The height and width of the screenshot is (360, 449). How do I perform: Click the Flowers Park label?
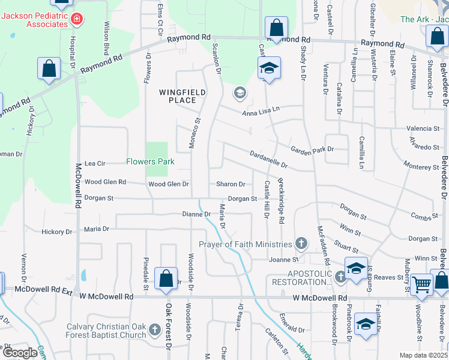click(x=150, y=161)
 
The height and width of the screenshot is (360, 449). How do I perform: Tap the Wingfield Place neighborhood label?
click(x=182, y=96)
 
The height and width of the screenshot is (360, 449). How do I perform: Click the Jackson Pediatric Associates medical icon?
click(x=76, y=20)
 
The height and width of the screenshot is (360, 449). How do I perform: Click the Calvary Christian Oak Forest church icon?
click(x=155, y=329)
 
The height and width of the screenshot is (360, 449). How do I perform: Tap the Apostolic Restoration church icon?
click(x=341, y=277)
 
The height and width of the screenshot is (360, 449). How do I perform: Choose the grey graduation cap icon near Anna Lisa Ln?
click(x=240, y=92)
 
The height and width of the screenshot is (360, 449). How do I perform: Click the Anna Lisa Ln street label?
click(x=261, y=110)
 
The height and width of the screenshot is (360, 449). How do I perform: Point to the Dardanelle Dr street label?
click(x=268, y=158)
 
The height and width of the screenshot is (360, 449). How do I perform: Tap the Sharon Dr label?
click(x=231, y=184)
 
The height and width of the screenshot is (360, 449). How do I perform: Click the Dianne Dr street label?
click(x=196, y=214)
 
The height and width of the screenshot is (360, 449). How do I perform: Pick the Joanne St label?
click(x=283, y=260)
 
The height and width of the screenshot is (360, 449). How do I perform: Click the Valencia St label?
click(x=423, y=128)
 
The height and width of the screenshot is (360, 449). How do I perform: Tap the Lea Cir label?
click(x=95, y=163)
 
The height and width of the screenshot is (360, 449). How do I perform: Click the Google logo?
click(x=20, y=353)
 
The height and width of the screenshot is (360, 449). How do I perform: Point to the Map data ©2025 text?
click(x=424, y=355)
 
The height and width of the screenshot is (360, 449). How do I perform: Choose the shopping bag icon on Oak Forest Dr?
click(x=165, y=279)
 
